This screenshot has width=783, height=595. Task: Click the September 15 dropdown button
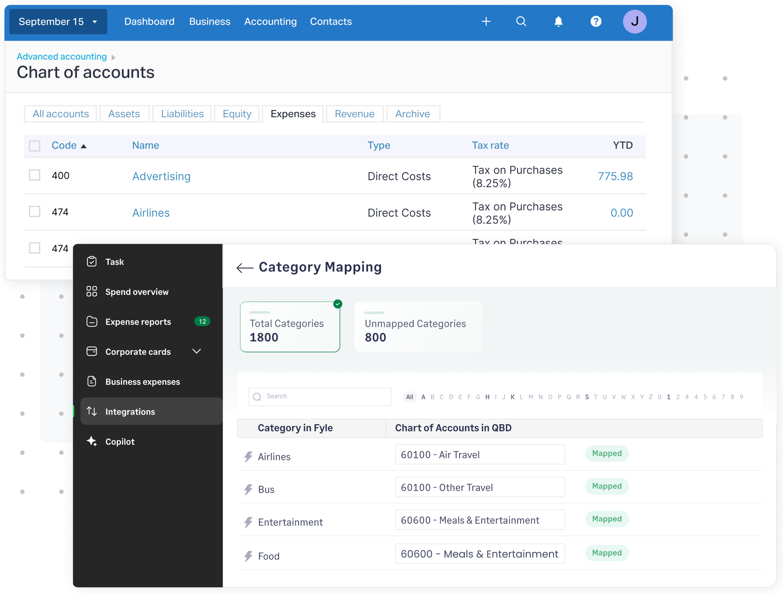click(x=58, y=22)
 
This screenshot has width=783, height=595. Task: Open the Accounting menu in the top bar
click(x=270, y=22)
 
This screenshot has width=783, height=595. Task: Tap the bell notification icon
click(x=558, y=22)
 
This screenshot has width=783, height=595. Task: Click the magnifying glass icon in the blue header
click(x=521, y=22)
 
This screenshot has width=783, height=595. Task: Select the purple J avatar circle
click(x=634, y=22)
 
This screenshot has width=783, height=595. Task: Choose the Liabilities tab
click(x=182, y=114)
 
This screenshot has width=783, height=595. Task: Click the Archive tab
click(x=412, y=114)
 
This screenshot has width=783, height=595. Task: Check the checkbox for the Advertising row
click(x=35, y=175)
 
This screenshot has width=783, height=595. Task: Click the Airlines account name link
click(x=151, y=213)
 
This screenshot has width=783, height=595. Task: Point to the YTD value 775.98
click(x=615, y=176)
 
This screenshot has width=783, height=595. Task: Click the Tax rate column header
click(x=490, y=145)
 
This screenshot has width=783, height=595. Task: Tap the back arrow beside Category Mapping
click(x=244, y=267)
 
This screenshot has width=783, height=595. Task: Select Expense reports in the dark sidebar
click(x=138, y=322)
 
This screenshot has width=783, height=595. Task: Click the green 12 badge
click(x=202, y=321)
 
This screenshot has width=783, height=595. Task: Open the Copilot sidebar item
click(x=120, y=442)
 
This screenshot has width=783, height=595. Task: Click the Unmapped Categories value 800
click(x=375, y=337)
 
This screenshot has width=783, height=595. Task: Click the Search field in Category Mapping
click(x=320, y=396)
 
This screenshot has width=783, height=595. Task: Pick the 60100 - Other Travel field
click(x=480, y=487)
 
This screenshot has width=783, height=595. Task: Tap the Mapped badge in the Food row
click(x=607, y=553)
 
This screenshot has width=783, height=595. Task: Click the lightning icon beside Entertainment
click(x=249, y=522)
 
